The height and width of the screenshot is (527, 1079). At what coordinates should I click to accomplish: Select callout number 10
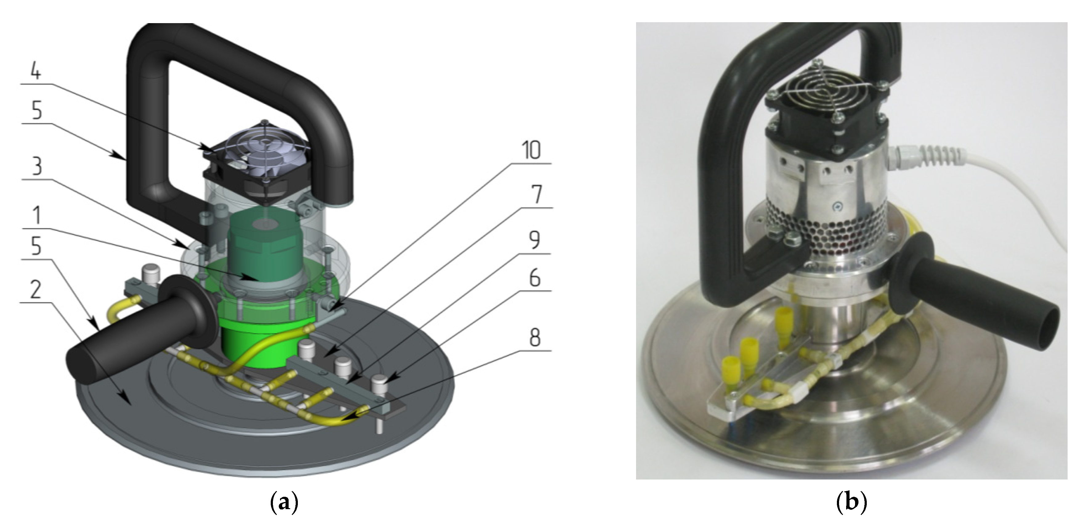pyautogui.click(x=532, y=150)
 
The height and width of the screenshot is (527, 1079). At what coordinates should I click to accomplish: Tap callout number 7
pyautogui.click(x=537, y=195)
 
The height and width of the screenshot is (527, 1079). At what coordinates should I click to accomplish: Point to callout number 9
pyautogui.click(x=534, y=240)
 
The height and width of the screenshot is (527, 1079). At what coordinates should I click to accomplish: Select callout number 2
pyautogui.click(x=36, y=289)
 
